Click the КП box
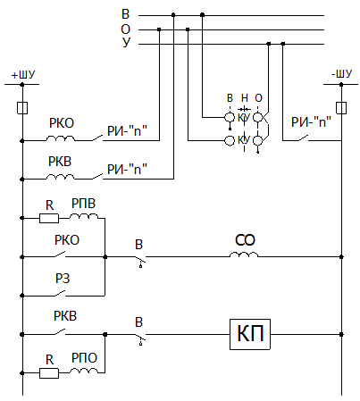(x=250, y=334)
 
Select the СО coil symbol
(x=244, y=255)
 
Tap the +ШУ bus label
(x=23, y=75)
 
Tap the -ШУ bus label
(x=342, y=74)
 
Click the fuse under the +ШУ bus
(x=22, y=108)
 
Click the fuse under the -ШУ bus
(x=341, y=108)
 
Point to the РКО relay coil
(x=61, y=138)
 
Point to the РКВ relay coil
(x=61, y=177)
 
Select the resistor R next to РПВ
(x=49, y=218)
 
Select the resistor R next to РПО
(x=49, y=372)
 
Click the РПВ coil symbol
(x=84, y=216)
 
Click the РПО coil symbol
(x=84, y=371)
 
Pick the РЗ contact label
(x=63, y=279)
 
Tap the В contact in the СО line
(x=140, y=260)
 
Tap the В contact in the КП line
(x=140, y=338)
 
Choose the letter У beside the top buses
(x=126, y=43)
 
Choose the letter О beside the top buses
(x=126, y=29)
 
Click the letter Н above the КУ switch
(x=245, y=97)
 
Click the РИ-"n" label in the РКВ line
(x=127, y=169)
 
